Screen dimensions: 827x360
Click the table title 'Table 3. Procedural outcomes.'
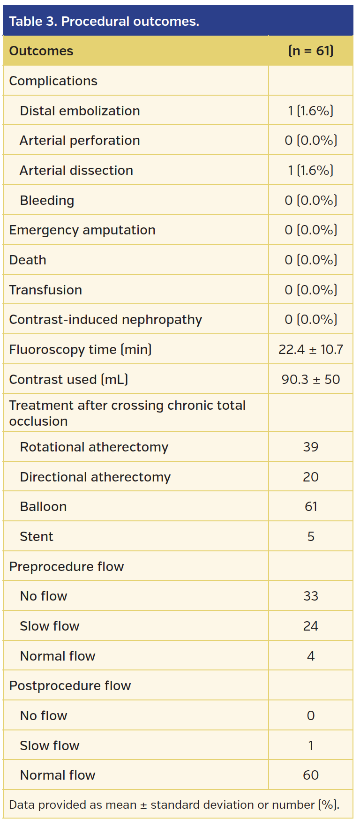(x=104, y=22)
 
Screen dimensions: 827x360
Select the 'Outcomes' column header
(x=41, y=51)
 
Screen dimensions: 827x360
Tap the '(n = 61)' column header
(x=311, y=51)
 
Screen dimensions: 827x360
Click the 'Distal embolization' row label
(x=80, y=111)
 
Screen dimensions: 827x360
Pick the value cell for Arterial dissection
(x=311, y=170)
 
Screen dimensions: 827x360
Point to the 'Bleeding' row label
(x=47, y=200)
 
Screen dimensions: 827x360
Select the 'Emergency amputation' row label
(x=82, y=230)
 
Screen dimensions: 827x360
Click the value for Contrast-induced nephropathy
(x=311, y=320)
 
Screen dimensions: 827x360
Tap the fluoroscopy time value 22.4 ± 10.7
(x=311, y=349)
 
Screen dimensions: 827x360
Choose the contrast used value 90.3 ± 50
(x=311, y=379)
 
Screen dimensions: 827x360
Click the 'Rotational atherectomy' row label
(x=94, y=447)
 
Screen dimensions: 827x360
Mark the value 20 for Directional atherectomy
(x=311, y=477)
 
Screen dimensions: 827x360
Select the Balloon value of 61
(x=311, y=506)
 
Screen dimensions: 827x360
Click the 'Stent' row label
(x=37, y=536)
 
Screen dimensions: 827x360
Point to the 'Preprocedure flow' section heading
(x=67, y=566)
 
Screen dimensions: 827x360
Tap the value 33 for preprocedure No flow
(x=311, y=596)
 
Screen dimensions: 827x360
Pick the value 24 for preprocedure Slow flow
(x=311, y=626)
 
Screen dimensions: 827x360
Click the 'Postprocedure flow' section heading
(x=70, y=685)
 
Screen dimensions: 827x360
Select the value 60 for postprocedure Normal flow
(x=311, y=775)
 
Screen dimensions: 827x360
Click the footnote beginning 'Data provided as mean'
(x=174, y=804)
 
